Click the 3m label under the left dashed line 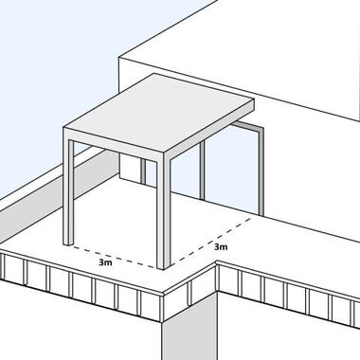[105, 261]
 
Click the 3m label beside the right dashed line [221, 246]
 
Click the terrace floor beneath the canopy [123, 218]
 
